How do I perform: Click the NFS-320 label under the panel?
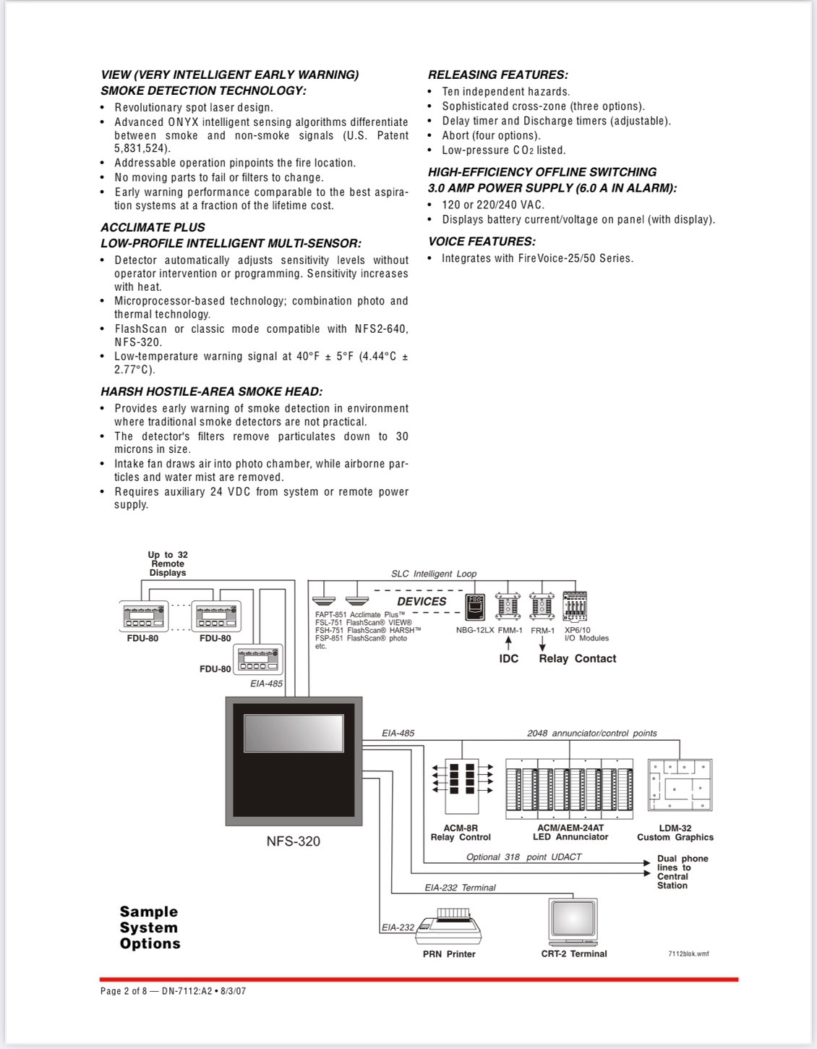(293, 841)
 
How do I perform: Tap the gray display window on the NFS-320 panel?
(293, 733)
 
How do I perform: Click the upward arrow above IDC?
(508, 642)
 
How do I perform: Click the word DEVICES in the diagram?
(422, 601)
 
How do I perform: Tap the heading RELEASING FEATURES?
(498, 75)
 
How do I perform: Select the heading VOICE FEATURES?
(482, 242)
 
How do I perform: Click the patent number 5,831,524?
(142, 149)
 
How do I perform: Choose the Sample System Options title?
(150, 927)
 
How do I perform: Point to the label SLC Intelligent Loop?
(434, 574)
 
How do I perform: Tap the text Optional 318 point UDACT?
(523, 857)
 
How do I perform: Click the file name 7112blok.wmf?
(688, 954)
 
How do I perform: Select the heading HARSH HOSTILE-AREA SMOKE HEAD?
(211, 392)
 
